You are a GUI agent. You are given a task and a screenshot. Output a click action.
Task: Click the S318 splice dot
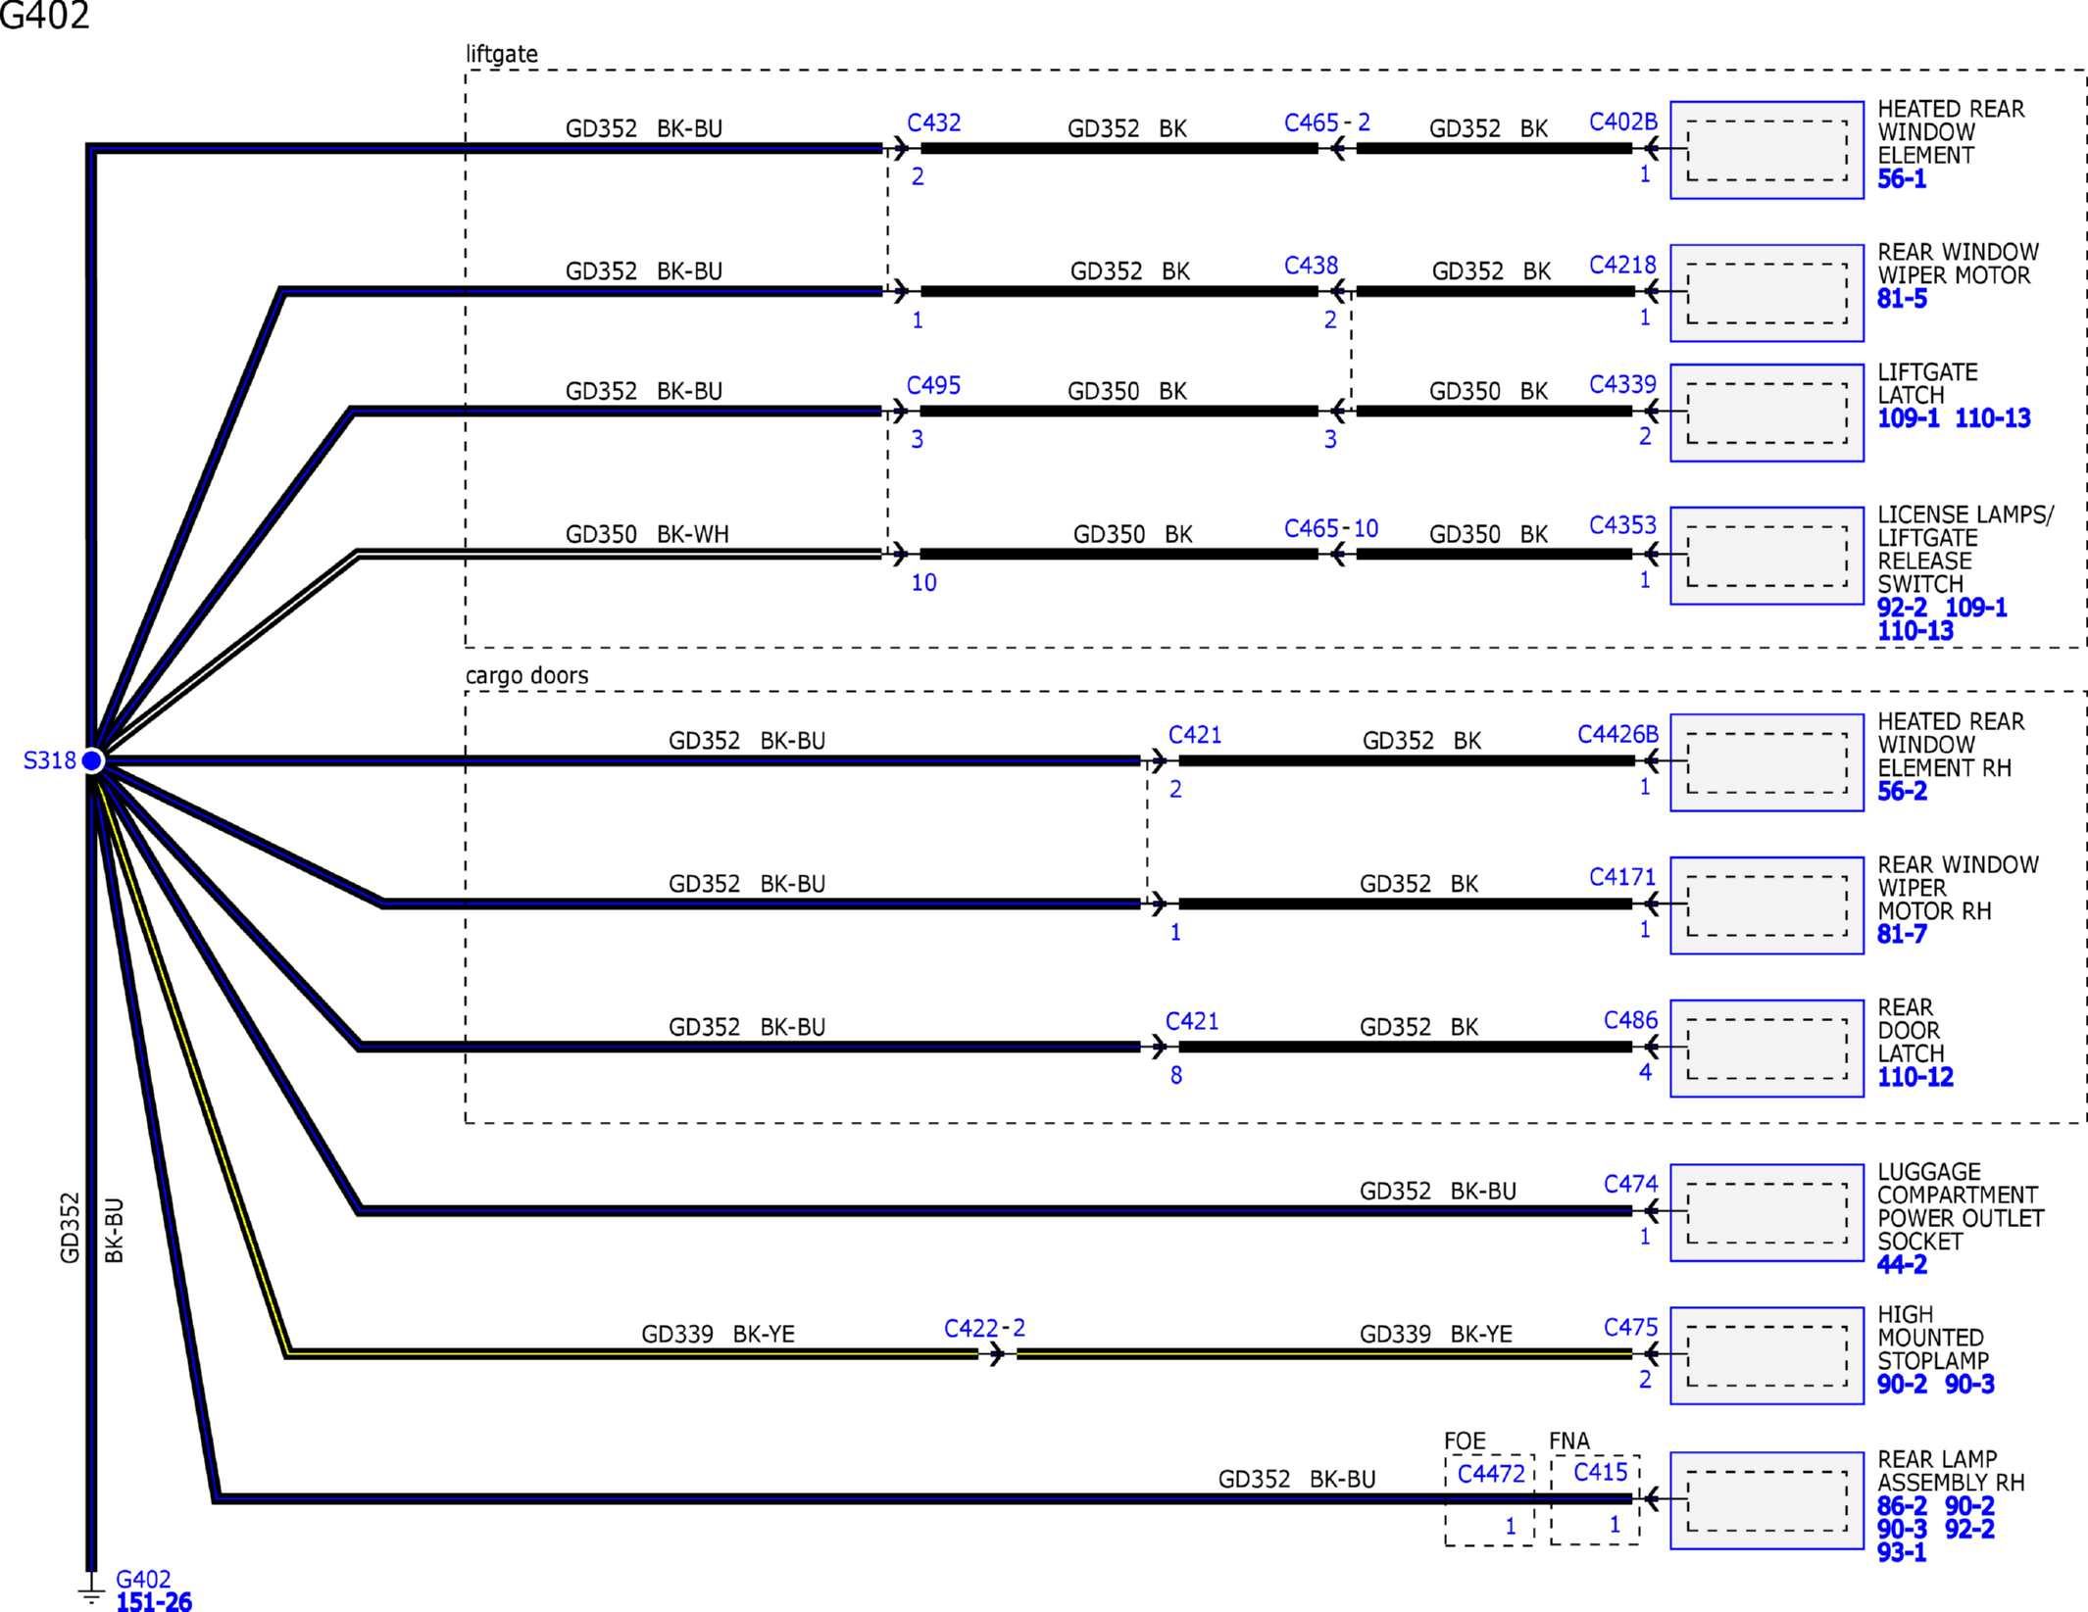pyautogui.click(x=92, y=760)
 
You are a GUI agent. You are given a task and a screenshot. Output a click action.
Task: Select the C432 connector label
pyautogui.click(x=933, y=123)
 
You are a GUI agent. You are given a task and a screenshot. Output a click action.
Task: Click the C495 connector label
pyautogui.click(x=933, y=386)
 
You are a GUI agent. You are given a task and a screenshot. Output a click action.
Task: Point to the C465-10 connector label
pyautogui.click(x=1330, y=529)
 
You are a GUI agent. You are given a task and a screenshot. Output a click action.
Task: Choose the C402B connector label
pyautogui.click(x=1622, y=122)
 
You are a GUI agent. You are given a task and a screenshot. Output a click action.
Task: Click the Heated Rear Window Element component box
pyautogui.click(x=1765, y=150)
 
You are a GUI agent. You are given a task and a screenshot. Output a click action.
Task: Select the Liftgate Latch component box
pyautogui.click(x=1765, y=413)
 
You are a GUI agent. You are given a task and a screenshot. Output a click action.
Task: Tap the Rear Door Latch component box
pyautogui.click(x=1765, y=1049)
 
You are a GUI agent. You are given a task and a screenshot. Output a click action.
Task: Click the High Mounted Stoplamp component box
pyautogui.click(x=1765, y=1355)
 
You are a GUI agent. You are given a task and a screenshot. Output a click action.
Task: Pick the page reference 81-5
pyautogui.click(x=1901, y=300)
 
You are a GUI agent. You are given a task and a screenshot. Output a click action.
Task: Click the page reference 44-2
pyautogui.click(x=1901, y=1265)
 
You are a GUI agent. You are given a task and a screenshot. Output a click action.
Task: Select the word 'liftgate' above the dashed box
pyautogui.click(x=501, y=54)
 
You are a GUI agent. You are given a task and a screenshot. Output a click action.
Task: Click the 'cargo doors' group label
pyautogui.click(x=526, y=676)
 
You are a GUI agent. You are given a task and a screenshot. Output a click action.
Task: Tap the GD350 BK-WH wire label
pyautogui.click(x=647, y=535)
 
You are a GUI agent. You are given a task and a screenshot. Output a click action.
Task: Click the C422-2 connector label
pyautogui.click(x=983, y=1329)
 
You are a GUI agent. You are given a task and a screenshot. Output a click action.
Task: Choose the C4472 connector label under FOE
pyautogui.click(x=1490, y=1474)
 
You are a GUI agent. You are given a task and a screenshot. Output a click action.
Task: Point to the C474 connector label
pyautogui.click(x=1629, y=1185)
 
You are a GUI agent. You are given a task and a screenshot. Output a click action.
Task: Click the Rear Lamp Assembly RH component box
pyautogui.click(x=1765, y=1500)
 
